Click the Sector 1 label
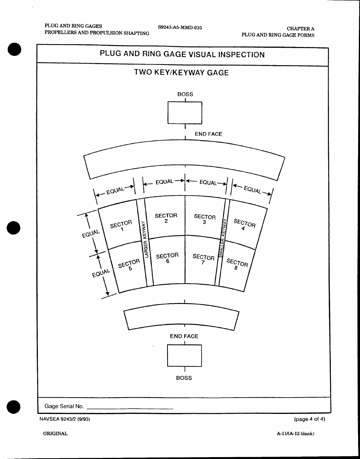tap(121, 226)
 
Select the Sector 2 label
tap(166, 218)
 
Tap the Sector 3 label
tap(205, 219)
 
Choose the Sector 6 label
tap(167, 258)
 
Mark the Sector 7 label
tap(203, 259)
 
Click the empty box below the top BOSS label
tap(185, 113)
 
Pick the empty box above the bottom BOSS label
tap(184, 356)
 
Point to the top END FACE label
tap(208, 134)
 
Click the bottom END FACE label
tap(184, 336)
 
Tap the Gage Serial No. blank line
tap(130, 408)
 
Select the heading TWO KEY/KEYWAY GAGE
tap(182, 72)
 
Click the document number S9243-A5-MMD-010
tap(180, 28)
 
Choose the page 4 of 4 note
tap(309, 419)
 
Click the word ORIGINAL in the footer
tap(55, 434)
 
